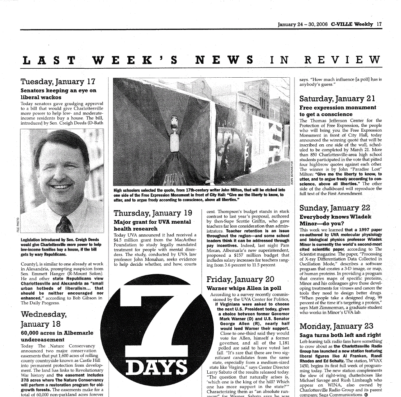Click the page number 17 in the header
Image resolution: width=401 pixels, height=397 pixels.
coord(379,24)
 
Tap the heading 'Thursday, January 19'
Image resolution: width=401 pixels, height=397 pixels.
coord(153,213)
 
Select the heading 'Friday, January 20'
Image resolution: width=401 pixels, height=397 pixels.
coord(240,279)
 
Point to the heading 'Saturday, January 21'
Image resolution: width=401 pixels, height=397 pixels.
coord(338,99)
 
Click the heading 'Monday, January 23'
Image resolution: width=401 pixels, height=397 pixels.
coord(336,326)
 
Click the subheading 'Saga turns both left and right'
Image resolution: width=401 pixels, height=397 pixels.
coord(340,335)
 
